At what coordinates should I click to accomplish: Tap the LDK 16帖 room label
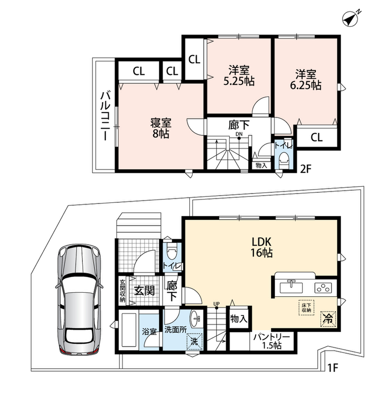[x=261, y=247]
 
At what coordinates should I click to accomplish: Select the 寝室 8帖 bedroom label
[x=161, y=128]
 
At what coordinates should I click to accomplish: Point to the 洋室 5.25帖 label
[x=239, y=76]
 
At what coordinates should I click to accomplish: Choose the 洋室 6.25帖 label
[x=306, y=79]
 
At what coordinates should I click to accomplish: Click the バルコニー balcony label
[x=105, y=116]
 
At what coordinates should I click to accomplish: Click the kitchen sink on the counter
[x=291, y=287]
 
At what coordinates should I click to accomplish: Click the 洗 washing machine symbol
[x=194, y=341]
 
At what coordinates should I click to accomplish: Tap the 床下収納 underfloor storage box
[x=306, y=307]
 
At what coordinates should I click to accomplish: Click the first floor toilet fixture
[x=172, y=252]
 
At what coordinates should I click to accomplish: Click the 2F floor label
[x=306, y=169]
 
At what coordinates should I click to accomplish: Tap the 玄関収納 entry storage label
[x=122, y=290]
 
